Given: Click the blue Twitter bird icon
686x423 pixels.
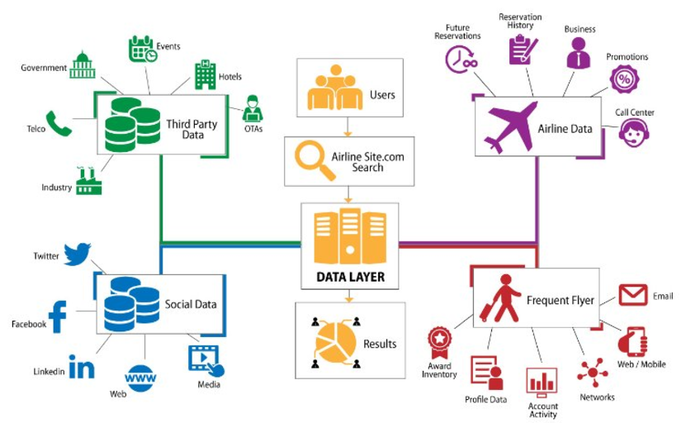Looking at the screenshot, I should click(x=77, y=254).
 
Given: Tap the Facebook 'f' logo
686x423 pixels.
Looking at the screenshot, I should click(x=58, y=317).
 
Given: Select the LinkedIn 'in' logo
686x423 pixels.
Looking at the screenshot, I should click(x=81, y=367).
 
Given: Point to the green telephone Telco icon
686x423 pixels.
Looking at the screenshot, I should click(x=59, y=124).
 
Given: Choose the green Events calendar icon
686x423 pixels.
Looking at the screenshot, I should click(x=142, y=49).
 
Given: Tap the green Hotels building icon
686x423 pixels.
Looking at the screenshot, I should click(x=204, y=75).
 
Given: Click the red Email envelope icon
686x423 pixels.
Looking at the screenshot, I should click(x=633, y=294).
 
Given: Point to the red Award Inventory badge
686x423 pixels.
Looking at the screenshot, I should click(x=438, y=339).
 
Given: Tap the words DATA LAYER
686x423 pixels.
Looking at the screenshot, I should click(x=348, y=276).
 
